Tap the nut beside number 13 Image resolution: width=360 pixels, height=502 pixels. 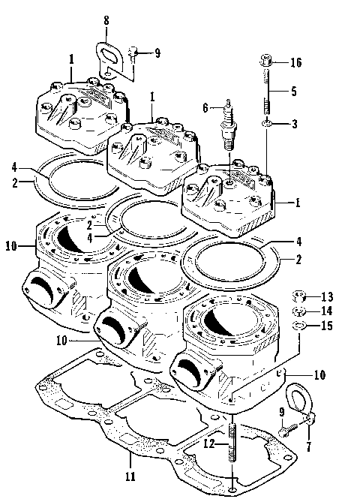[x=298, y=295]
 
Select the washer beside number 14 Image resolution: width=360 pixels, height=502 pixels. [x=298, y=311]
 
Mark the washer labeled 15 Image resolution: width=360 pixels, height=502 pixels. [x=298, y=325]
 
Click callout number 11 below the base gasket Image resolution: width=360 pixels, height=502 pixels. [x=130, y=477]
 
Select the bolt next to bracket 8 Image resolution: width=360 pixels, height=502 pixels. [x=133, y=53]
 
